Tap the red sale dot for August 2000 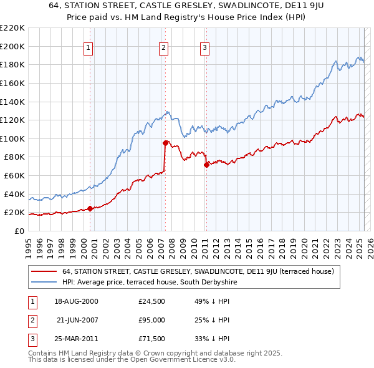coord(90,208)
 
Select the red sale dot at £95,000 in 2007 coord(165,143)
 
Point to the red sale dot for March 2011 coord(206,165)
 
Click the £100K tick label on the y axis coord(12,138)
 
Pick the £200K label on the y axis coord(12,46)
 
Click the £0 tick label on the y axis coord(18,231)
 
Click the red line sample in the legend coord(44,271)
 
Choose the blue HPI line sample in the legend coord(44,282)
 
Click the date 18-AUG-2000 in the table coord(76,301)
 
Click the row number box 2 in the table coord(31,320)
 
